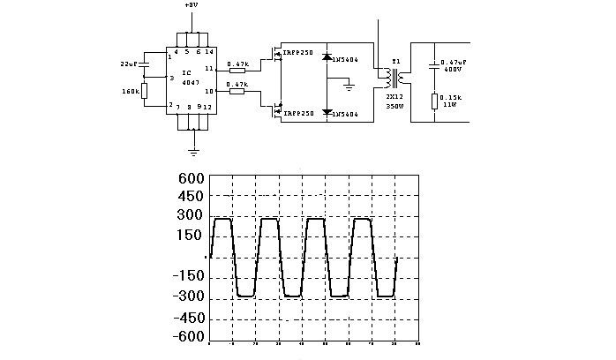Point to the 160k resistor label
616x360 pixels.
pos(130,90)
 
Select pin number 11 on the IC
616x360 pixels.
pos(209,68)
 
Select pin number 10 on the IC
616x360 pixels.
pos(209,90)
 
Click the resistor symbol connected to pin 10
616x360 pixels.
pos(236,92)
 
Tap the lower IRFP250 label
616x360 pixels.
pos(297,114)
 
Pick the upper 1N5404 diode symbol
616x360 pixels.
pos(327,57)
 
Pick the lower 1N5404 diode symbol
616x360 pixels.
pos(327,113)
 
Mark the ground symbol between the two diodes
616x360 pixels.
pos(349,86)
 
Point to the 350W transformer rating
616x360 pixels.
pos(394,105)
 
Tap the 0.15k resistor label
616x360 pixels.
pos(450,97)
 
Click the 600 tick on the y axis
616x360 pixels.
pos(192,177)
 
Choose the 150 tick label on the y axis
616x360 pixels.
pos(192,236)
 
